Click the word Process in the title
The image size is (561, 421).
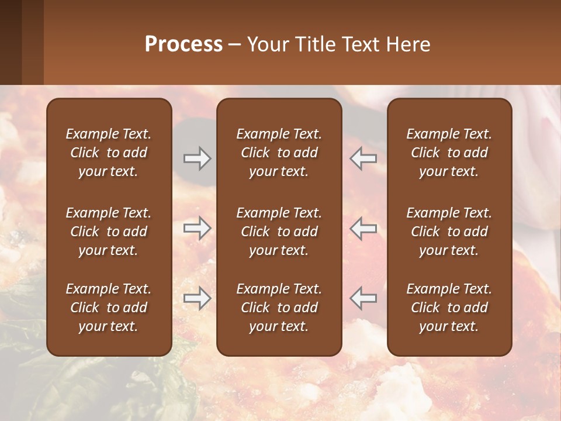(x=183, y=44)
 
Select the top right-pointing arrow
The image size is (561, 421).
(x=197, y=158)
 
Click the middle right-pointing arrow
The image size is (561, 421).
(x=197, y=229)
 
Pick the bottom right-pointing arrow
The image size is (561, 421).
(x=197, y=299)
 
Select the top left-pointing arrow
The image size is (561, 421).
(x=363, y=158)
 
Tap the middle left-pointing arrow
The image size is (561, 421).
(x=363, y=229)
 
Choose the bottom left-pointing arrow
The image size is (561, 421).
(x=363, y=299)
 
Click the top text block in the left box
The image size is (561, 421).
(x=109, y=153)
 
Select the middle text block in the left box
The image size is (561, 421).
(x=109, y=232)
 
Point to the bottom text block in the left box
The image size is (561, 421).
(x=109, y=308)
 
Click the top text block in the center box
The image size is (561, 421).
(x=279, y=153)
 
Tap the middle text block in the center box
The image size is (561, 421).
(x=279, y=232)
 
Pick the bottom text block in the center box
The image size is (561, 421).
(x=279, y=308)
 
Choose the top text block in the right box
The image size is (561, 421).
(x=449, y=153)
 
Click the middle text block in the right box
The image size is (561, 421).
(x=449, y=232)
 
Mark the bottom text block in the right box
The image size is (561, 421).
(x=449, y=308)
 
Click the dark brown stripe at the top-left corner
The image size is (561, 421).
(x=11, y=41)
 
